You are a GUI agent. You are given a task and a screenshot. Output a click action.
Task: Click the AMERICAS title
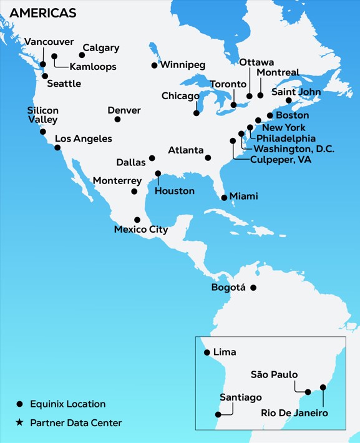(x=43, y=13)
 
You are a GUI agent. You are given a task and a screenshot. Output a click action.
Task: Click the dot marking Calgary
(x=82, y=55)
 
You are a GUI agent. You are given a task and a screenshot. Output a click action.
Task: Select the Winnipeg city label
(x=183, y=64)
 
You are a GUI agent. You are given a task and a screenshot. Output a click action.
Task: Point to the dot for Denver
(x=117, y=119)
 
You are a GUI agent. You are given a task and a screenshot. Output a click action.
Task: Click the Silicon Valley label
(x=42, y=115)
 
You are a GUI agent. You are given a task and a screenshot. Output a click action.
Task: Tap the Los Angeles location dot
(x=57, y=148)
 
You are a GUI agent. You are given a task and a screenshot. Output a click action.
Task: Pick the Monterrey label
(x=117, y=180)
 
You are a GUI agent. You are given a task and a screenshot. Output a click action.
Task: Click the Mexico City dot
(x=137, y=220)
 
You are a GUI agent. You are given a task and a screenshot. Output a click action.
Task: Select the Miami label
(x=243, y=196)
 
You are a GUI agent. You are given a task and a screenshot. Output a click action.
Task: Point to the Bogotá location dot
(x=253, y=288)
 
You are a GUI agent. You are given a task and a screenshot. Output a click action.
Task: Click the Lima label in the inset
(x=225, y=353)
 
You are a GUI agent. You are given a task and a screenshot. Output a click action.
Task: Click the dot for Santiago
(x=217, y=413)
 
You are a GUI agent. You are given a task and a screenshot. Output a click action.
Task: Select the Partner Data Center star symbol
(x=19, y=423)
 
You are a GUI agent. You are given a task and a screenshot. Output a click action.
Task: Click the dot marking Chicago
(x=197, y=113)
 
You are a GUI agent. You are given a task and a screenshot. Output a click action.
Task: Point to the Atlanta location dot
(x=208, y=158)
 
